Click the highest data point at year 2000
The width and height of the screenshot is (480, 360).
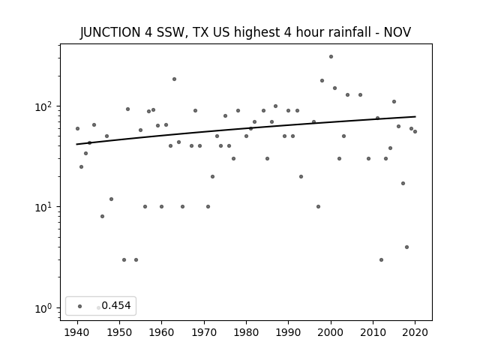click(331, 57)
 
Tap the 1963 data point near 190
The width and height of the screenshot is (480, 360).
click(174, 79)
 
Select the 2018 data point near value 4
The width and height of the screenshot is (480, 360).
click(406, 247)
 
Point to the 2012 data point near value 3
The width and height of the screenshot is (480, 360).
click(381, 260)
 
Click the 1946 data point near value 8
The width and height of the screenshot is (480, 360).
click(102, 217)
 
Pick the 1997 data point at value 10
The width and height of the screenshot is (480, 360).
click(318, 207)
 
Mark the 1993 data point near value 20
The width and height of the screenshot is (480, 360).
click(301, 177)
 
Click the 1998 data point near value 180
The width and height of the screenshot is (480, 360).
click(322, 80)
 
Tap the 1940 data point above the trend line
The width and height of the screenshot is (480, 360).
click(77, 128)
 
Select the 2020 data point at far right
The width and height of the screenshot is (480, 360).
click(415, 132)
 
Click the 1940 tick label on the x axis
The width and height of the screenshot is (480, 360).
click(77, 333)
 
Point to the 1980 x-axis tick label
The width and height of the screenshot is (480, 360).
click(246, 333)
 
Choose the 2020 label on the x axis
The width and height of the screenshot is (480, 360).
click(415, 333)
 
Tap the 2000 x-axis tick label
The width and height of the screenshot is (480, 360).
click(331, 333)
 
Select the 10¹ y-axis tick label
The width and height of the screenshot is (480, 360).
click(44, 207)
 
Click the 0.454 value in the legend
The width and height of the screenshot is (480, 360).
click(116, 305)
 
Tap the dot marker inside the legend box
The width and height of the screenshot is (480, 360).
click(80, 306)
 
